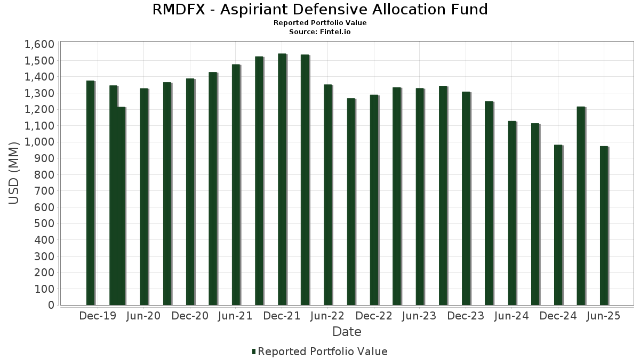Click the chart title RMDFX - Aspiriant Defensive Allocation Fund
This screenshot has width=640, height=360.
320,10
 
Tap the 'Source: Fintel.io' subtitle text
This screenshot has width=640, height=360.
320,31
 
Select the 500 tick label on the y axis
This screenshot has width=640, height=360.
44,223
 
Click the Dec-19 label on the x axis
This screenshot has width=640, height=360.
98,316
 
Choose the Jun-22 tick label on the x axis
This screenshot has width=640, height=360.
327,316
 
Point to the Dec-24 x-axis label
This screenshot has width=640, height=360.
558,316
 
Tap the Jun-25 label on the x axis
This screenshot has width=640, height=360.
604,316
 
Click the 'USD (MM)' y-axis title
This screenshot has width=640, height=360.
14,173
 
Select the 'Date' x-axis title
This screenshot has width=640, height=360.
347,332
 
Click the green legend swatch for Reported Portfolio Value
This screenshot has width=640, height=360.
254,351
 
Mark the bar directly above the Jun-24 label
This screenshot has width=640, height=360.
512,213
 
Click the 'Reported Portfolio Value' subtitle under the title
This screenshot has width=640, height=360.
320,23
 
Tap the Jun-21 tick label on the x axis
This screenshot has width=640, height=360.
235,316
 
